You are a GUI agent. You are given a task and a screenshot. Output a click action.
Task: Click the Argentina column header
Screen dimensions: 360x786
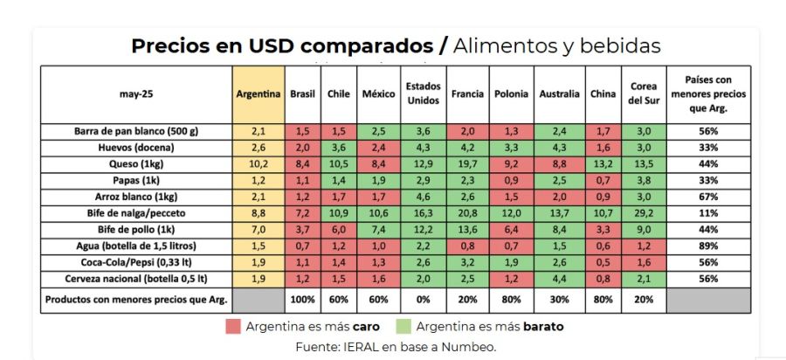(259, 93)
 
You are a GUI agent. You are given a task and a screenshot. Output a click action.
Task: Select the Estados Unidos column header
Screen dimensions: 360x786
(423, 93)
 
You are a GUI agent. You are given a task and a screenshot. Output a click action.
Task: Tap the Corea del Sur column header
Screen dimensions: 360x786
(644, 93)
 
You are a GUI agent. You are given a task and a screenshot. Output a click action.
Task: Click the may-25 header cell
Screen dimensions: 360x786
(136, 93)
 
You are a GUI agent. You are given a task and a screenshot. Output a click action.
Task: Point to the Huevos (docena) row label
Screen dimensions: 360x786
(136, 147)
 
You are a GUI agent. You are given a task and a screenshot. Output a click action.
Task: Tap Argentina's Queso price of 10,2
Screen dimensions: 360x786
(259, 163)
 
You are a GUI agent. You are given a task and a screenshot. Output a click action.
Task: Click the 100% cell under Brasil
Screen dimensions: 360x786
(302, 300)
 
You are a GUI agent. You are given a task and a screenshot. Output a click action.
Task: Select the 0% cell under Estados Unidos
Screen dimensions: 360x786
(423, 300)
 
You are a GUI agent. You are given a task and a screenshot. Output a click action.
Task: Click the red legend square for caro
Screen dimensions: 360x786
(232, 327)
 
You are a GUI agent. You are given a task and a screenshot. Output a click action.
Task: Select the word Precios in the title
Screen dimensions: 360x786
(170, 45)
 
